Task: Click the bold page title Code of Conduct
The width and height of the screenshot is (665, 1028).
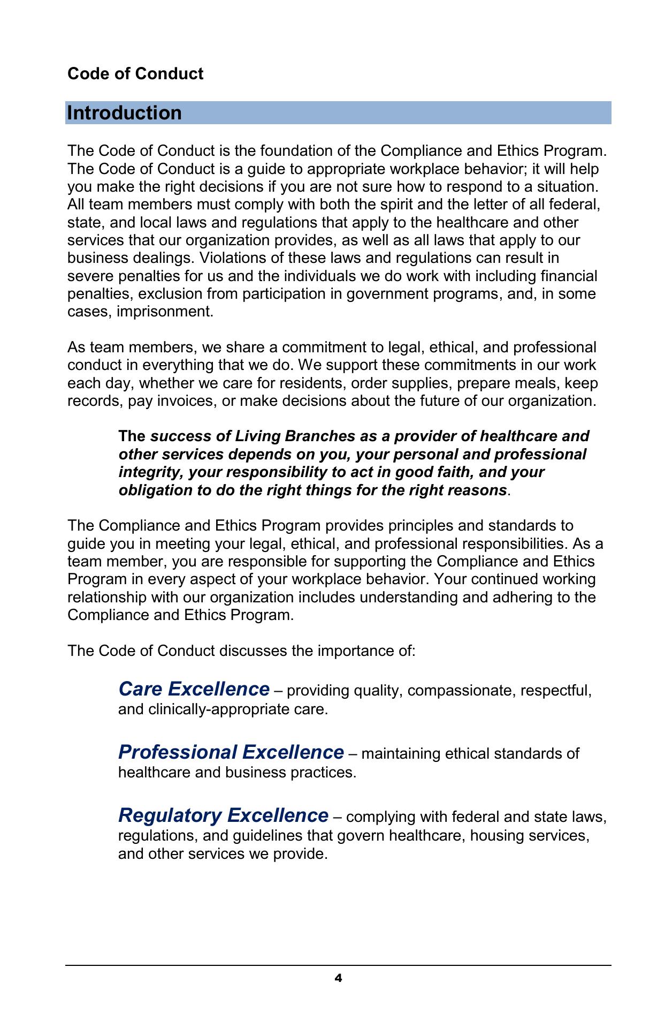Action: [135, 73]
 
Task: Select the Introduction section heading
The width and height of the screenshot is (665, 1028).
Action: [124, 113]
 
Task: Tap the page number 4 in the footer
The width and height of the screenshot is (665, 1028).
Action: [338, 978]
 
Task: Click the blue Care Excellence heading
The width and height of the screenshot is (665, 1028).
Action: [194, 689]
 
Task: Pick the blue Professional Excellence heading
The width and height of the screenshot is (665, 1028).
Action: [231, 752]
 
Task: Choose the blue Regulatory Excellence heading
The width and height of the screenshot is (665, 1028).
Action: [223, 815]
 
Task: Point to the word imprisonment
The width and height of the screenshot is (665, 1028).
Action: [164, 312]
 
